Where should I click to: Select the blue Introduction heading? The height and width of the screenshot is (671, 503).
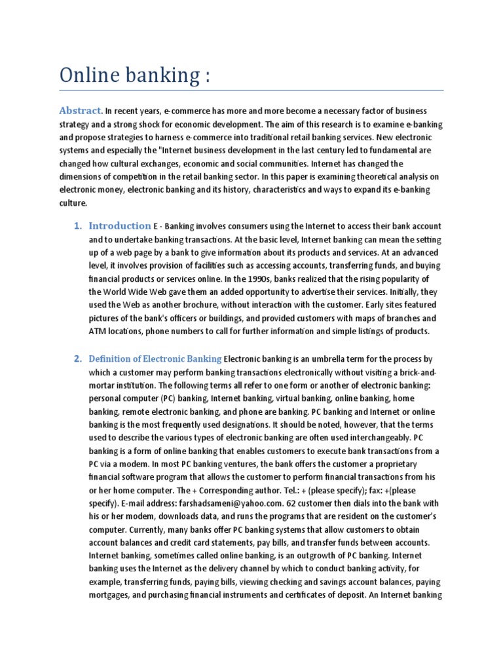120,226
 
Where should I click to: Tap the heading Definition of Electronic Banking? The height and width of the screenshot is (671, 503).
156,358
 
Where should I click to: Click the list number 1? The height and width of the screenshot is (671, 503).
77,226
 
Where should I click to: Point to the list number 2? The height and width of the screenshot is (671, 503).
77,358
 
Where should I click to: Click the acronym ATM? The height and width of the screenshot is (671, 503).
98,332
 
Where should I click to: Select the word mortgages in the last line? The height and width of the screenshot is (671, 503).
111,596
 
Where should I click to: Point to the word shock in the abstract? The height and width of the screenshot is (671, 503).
167,124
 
